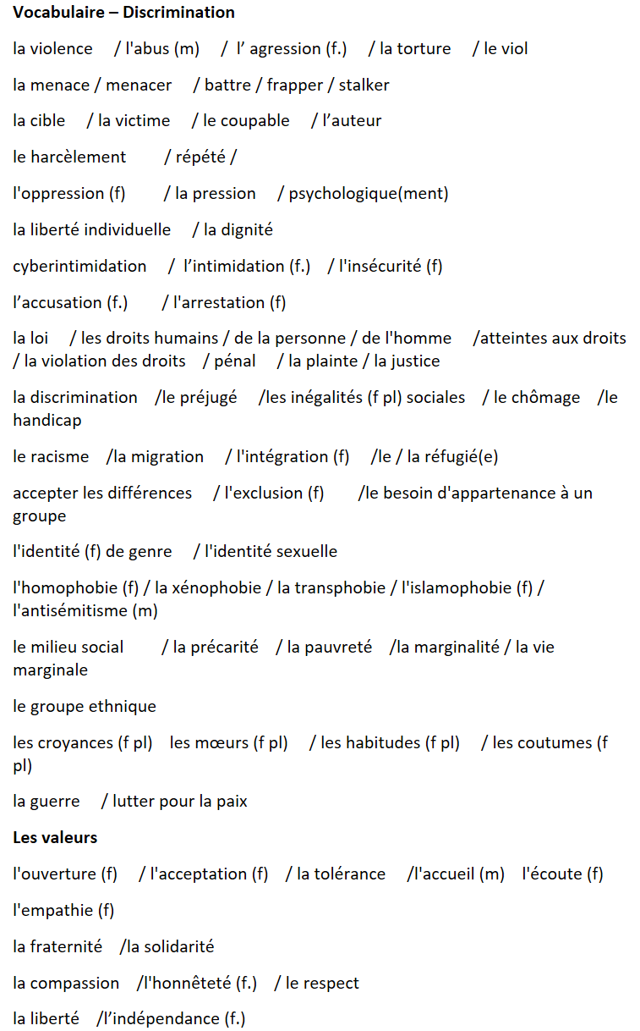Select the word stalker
(364, 85)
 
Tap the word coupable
(254, 121)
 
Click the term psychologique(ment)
(369, 194)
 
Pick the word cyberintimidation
(79, 267)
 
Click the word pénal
(236, 361)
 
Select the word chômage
(545, 398)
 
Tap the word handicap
(46, 421)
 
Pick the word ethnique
(122, 707)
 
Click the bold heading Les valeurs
(55, 838)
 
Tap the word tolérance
(351, 874)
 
